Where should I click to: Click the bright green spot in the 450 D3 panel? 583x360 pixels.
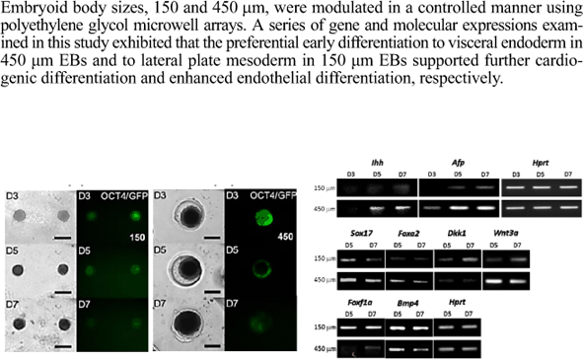tap(263, 216)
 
